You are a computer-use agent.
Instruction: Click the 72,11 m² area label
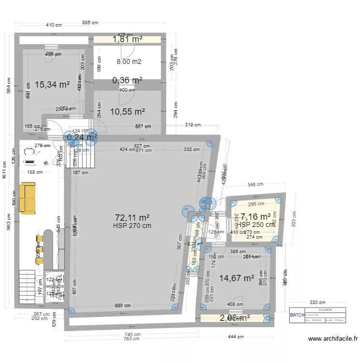click(x=132, y=217)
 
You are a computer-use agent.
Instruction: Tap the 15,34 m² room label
click(x=52, y=84)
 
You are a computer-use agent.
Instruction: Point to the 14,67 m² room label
click(x=237, y=278)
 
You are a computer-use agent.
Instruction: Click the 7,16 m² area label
click(x=256, y=217)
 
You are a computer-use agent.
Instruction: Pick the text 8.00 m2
click(x=129, y=61)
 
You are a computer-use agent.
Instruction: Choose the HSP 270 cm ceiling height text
click(x=132, y=226)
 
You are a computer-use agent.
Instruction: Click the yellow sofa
click(x=28, y=198)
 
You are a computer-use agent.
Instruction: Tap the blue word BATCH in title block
click(x=296, y=316)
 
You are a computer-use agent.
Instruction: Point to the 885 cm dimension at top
click(x=90, y=23)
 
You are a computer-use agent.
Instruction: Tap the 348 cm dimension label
click(x=255, y=184)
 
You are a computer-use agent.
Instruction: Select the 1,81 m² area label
click(x=127, y=40)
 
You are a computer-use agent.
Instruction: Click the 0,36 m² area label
click(x=127, y=80)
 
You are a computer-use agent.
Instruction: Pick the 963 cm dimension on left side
click(x=9, y=223)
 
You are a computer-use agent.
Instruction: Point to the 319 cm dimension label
click(x=192, y=125)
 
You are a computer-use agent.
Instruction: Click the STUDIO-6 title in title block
click(x=325, y=310)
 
